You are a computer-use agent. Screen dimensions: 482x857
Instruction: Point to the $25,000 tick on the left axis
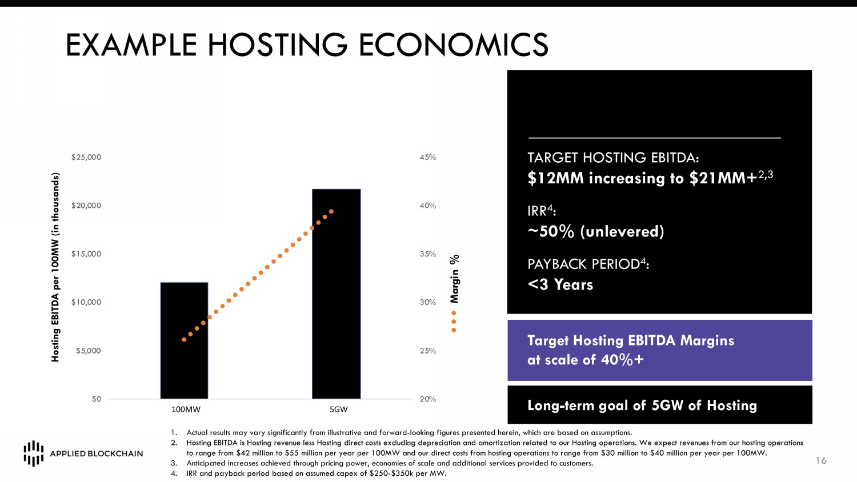point(86,157)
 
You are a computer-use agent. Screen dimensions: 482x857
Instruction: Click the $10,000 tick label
point(86,302)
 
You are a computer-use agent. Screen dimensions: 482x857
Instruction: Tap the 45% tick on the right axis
point(428,157)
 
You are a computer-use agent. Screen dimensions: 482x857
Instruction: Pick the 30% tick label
point(428,302)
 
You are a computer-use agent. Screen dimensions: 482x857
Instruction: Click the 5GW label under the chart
point(339,409)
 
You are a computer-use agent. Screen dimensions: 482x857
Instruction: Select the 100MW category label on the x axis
point(186,409)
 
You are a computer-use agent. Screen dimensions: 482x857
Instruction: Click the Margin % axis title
point(455,278)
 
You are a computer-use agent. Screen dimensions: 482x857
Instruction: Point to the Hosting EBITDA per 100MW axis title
point(55,267)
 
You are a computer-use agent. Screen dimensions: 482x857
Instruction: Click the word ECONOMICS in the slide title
point(454,45)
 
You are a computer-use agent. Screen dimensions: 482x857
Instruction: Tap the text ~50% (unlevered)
point(595,231)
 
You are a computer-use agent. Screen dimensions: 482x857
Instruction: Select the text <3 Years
point(560,284)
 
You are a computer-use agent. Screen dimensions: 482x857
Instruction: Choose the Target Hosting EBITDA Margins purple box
point(659,350)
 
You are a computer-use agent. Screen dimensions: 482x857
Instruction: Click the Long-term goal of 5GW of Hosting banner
point(659,405)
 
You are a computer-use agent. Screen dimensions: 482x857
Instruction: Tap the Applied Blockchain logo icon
point(34,453)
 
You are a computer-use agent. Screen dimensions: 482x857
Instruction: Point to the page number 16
point(821,460)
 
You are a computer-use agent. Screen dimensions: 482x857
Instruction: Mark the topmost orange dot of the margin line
point(331,211)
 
